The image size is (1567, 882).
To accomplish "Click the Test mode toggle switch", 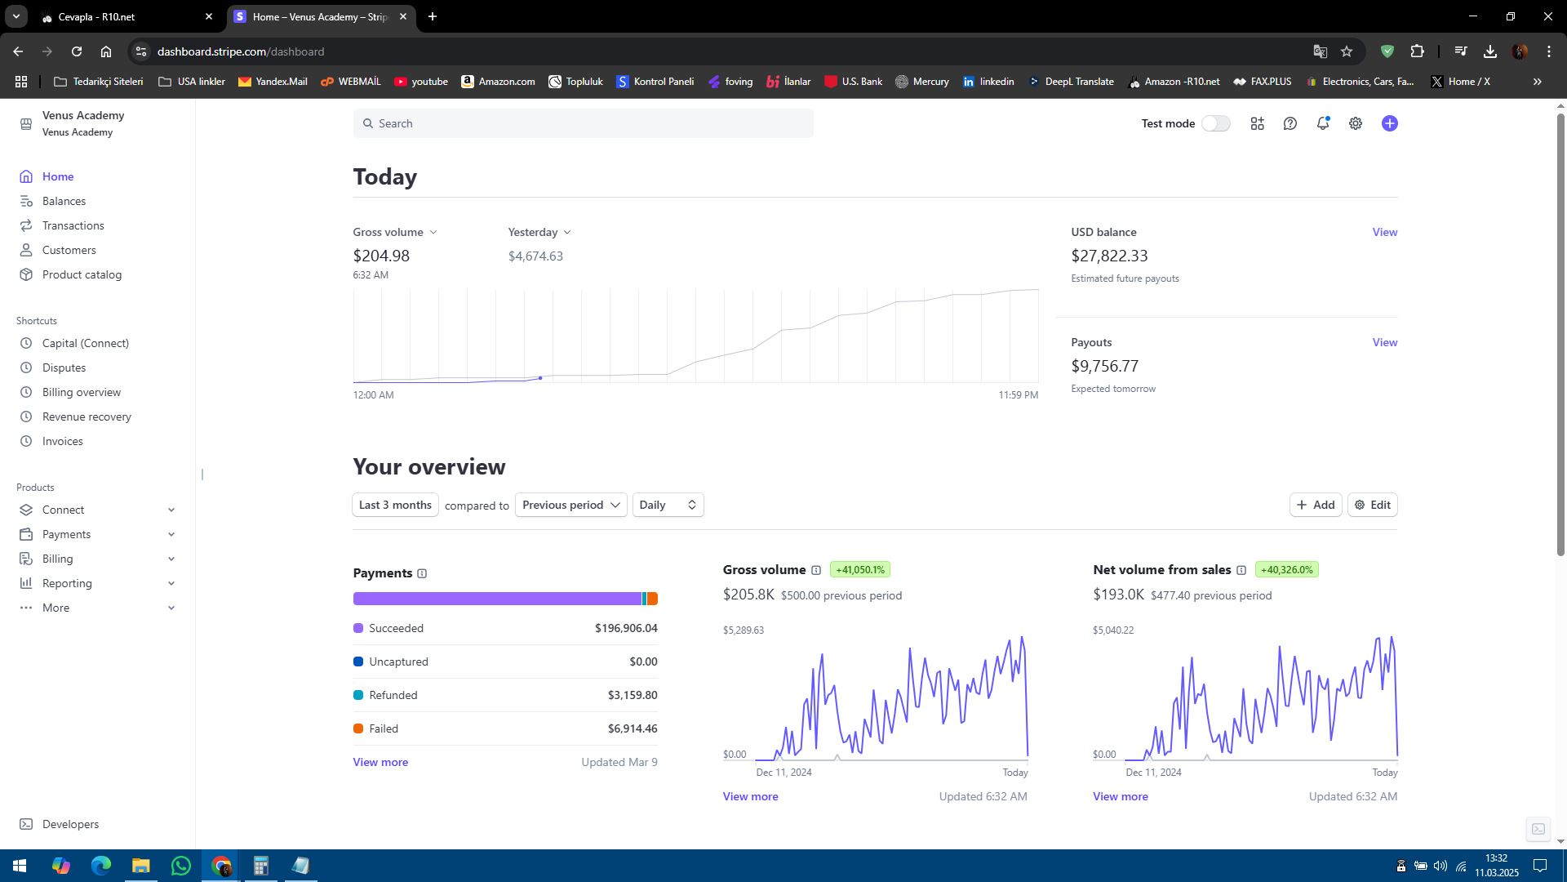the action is pyautogui.click(x=1215, y=123).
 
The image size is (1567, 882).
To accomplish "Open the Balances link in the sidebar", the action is pyautogui.click(x=64, y=201).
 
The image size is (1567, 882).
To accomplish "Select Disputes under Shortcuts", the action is pyautogui.click(x=64, y=367).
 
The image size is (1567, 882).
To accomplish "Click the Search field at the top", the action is pyautogui.click(x=583, y=123).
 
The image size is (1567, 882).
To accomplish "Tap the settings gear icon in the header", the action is pyautogui.click(x=1355, y=123).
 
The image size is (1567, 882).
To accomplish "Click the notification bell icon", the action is pyautogui.click(x=1322, y=123).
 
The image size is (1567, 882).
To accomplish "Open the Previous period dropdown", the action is pyautogui.click(x=570, y=505).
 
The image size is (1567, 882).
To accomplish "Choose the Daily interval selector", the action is pyautogui.click(x=668, y=505).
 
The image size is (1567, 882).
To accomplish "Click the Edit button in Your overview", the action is pyautogui.click(x=1372, y=505).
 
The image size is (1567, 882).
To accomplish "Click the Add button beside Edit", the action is pyautogui.click(x=1316, y=505).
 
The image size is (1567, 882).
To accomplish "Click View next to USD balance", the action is pyautogui.click(x=1384, y=232).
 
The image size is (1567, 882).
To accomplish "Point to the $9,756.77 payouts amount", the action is pyautogui.click(x=1104, y=366).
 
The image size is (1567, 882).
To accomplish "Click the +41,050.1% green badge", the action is pyautogui.click(x=860, y=570).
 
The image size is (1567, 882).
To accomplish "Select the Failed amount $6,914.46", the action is pyautogui.click(x=633, y=728).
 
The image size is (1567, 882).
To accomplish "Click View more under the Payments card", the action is pyautogui.click(x=380, y=762).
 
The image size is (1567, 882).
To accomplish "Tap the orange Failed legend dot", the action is pyautogui.click(x=357, y=728).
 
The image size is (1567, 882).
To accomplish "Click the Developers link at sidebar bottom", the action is pyautogui.click(x=70, y=824).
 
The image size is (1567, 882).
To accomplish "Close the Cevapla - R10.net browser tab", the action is pyautogui.click(x=209, y=16).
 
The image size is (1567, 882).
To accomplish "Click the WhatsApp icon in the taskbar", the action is pyautogui.click(x=181, y=866).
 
